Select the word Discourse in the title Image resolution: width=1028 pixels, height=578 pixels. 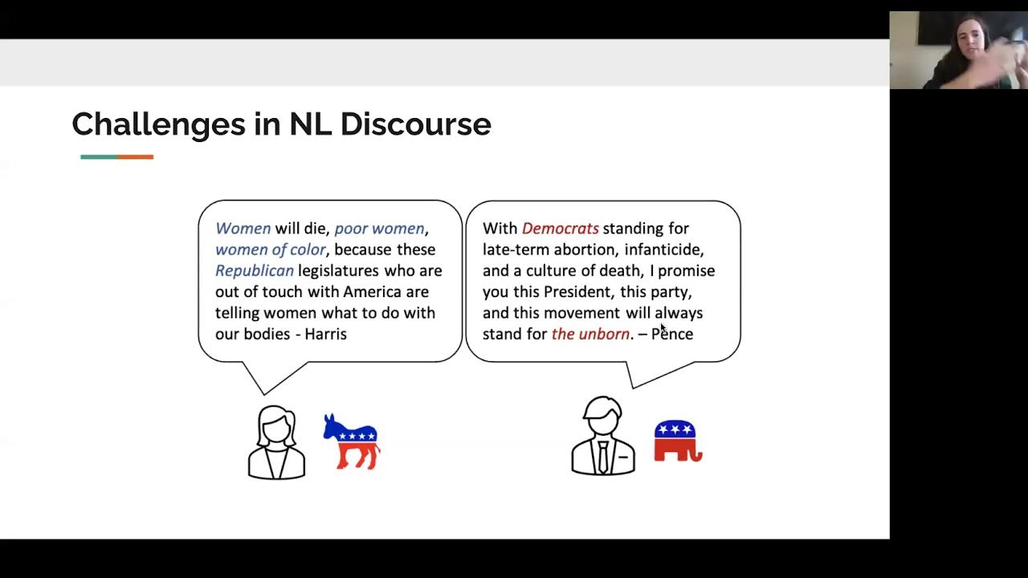(x=415, y=124)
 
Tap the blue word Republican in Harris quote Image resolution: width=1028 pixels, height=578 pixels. (x=255, y=271)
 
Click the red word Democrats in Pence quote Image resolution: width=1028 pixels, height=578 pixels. (x=560, y=229)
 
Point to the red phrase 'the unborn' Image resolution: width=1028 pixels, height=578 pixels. (x=590, y=334)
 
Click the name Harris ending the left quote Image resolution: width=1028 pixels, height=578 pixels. (x=325, y=334)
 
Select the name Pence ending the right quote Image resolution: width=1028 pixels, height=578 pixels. (x=672, y=334)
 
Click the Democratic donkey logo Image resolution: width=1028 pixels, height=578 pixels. (x=352, y=441)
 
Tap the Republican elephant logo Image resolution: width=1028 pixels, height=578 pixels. (x=678, y=441)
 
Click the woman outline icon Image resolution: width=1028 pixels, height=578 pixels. (x=276, y=442)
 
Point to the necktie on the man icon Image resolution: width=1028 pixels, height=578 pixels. (x=602, y=456)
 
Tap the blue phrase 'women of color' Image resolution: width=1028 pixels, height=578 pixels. (x=271, y=250)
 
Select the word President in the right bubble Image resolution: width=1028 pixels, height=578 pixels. (x=577, y=291)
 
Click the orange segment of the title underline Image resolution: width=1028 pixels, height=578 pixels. (x=135, y=157)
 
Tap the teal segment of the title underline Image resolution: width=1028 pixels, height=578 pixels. (x=99, y=157)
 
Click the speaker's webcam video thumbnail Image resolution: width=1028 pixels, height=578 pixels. (x=958, y=50)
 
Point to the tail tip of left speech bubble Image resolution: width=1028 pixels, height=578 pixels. (x=263, y=393)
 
